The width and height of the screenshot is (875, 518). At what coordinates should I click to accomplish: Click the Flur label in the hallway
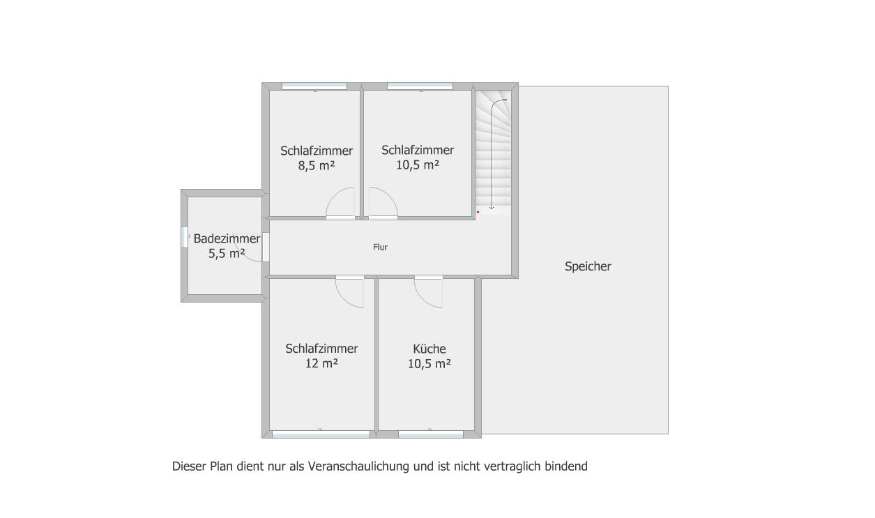tap(380, 247)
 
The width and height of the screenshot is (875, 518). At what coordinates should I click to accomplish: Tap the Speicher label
tap(588, 266)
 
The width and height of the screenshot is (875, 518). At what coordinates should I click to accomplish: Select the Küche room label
tap(429, 349)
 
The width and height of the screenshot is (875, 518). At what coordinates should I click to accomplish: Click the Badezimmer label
tap(227, 238)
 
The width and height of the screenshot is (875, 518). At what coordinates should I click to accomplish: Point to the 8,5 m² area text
tap(317, 166)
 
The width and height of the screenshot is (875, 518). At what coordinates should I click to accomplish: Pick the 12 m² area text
tap(321, 363)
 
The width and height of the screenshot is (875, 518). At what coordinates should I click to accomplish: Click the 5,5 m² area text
tap(227, 254)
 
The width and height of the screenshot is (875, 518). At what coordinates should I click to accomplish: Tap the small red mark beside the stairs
tap(478, 212)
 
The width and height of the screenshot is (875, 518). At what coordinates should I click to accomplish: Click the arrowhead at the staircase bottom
tap(492, 208)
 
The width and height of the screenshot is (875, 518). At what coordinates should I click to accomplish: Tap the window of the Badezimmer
tap(184, 237)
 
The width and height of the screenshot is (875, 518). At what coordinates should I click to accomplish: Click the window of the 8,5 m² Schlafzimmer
tap(314, 86)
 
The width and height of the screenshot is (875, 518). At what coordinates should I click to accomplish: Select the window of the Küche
tap(430, 434)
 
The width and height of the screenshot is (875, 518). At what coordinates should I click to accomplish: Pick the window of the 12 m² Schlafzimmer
tap(321, 434)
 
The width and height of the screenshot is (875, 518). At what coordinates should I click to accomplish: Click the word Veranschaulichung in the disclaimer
tap(358, 466)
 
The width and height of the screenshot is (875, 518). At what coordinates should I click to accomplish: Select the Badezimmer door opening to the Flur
tap(266, 247)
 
